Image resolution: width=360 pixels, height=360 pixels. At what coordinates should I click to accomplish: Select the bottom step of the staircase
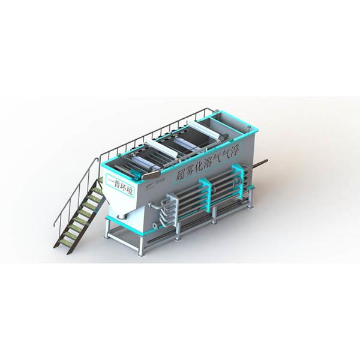62,243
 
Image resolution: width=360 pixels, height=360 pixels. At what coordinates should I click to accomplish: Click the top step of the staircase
96,187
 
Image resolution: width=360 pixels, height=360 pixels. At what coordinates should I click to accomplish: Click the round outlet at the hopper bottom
123,215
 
